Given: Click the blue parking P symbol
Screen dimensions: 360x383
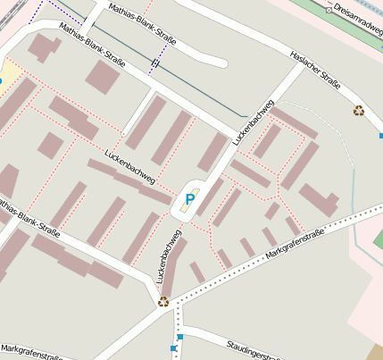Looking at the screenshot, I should pos(188,198).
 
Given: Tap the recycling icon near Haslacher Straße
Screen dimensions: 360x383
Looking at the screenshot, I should pos(359,111).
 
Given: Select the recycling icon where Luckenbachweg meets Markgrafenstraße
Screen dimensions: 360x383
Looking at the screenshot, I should pos(163,301).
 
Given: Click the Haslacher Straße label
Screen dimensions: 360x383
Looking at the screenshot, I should pos(315,70).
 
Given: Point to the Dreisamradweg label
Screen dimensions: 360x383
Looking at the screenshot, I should pos(356,13).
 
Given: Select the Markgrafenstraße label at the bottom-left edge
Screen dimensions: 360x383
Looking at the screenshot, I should pos(31,352).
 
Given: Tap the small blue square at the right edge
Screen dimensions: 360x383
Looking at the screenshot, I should pos(380,136).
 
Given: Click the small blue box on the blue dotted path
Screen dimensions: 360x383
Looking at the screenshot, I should pos(155,63).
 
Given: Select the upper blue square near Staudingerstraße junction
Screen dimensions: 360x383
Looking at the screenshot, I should pos(179,337).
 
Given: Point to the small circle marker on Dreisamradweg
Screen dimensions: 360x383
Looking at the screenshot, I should pos(329,10).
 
